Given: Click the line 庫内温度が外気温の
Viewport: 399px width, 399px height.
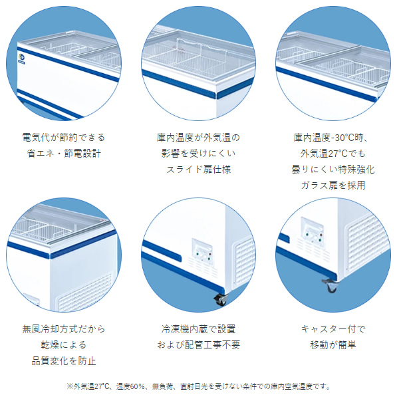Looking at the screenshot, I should coord(199,138).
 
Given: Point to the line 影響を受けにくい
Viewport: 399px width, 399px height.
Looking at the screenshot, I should coord(199,154).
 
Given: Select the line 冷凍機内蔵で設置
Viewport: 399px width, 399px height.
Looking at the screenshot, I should coord(199,329).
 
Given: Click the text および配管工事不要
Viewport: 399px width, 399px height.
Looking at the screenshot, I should coord(199,344).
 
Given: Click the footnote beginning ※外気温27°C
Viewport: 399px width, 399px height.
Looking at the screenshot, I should coord(199,386).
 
